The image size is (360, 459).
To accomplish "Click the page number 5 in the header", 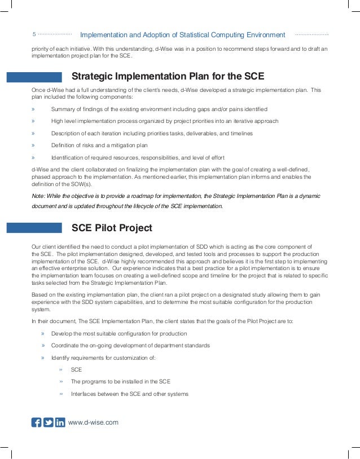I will [x=34, y=35].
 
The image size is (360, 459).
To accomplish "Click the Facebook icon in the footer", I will [x=37, y=422].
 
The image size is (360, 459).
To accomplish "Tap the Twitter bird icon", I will [x=49, y=422].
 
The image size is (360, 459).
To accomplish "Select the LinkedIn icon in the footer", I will [x=60, y=422].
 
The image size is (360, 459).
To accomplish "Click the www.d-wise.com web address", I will [x=93, y=422].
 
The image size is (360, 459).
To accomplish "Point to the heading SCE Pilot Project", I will [x=112, y=228].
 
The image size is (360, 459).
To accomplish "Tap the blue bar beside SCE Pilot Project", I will [x=34, y=228].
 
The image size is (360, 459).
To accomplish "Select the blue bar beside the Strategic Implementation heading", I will [x=34, y=77].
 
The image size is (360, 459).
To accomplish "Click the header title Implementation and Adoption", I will [x=183, y=35].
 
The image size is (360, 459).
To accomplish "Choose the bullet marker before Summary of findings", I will [x=33, y=109].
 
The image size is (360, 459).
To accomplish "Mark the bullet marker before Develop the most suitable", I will [x=43, y=333].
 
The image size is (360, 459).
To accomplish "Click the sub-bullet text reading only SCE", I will [x=76, y=370].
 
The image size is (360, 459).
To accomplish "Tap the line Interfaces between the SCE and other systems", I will [x=129, y=394].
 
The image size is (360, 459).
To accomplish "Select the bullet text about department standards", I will [x=130, y=345].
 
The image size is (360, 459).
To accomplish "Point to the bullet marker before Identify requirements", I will [x=43, y=358].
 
